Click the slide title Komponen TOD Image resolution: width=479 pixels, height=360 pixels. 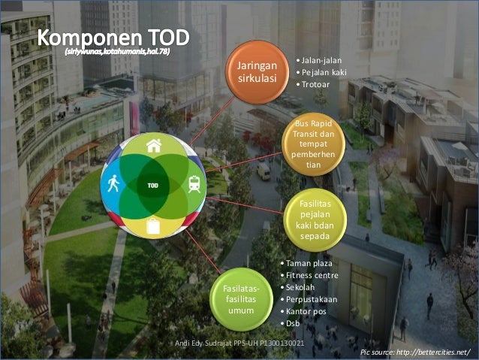(113, 37)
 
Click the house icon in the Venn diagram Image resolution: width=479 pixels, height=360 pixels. (154, 146)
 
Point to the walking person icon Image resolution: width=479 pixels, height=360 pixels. (113, 183)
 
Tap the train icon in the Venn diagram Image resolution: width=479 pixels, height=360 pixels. (194, 183)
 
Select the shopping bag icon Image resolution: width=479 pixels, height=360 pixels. (154, 224)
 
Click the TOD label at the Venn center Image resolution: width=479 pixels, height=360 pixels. (153, 184)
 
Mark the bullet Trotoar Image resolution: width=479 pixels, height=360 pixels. (314, 83)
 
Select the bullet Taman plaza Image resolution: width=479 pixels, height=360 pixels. (308, 264)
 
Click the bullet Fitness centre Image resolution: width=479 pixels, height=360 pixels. (311, 275)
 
